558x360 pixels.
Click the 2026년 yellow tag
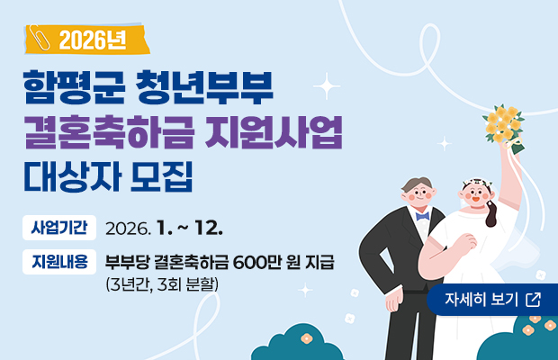86,40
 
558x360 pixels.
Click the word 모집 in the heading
162,181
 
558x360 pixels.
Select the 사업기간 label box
59,223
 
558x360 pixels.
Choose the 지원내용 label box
59,262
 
